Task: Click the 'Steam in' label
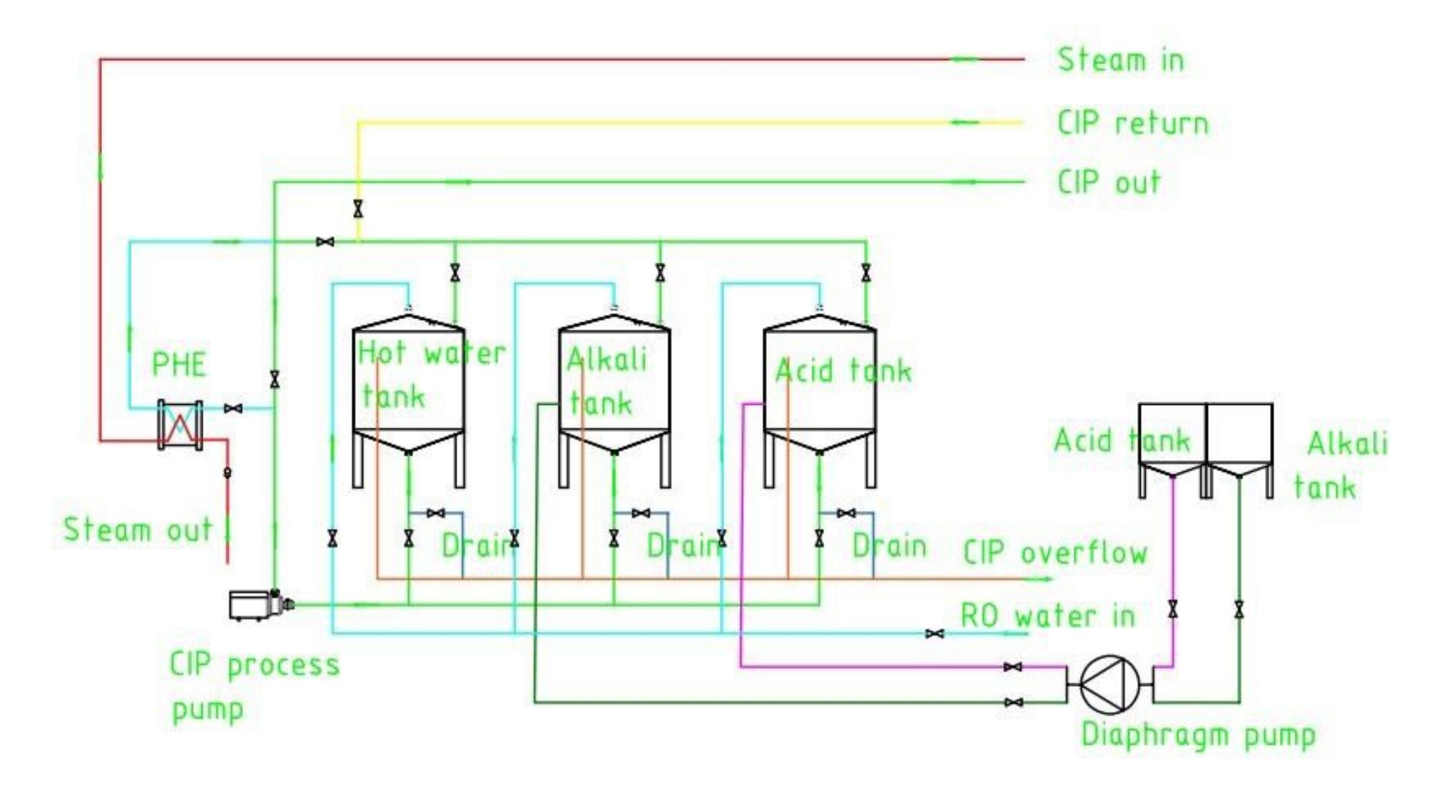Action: click(1120, 60)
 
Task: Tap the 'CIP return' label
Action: click(1132, 124)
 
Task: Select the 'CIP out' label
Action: click(1109, 183)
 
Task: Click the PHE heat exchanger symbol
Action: click(180, 425)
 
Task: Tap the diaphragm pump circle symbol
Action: click(1109, 684)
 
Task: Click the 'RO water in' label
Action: click(1047, 615)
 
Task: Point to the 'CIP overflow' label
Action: click(1055, 553)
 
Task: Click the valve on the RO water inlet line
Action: click(934, 633)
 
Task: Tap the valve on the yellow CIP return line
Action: click(357, 208)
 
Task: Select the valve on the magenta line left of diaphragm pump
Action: click(1012, 667)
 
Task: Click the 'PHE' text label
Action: click(178, 365)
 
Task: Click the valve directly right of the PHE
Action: click(233, 408)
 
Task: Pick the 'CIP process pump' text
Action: click(254, 686)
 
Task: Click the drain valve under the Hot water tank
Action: click(435, 513)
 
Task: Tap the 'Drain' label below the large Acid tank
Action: click(889, 546)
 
